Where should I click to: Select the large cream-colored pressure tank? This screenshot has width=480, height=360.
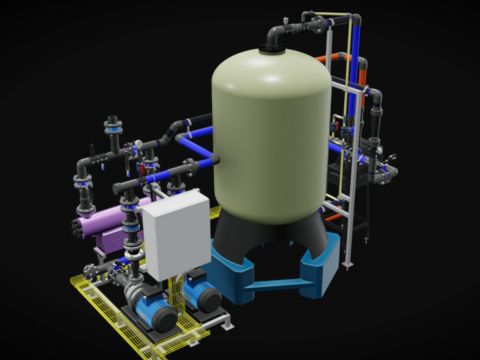(x=271, y=130)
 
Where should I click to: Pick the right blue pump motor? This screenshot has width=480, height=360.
(x=207, y=298)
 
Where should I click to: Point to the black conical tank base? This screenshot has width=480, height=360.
(x=270, y=240)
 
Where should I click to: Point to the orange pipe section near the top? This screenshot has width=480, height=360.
(x=361, y=70)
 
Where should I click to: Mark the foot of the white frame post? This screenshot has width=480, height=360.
(x=349, y=264)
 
